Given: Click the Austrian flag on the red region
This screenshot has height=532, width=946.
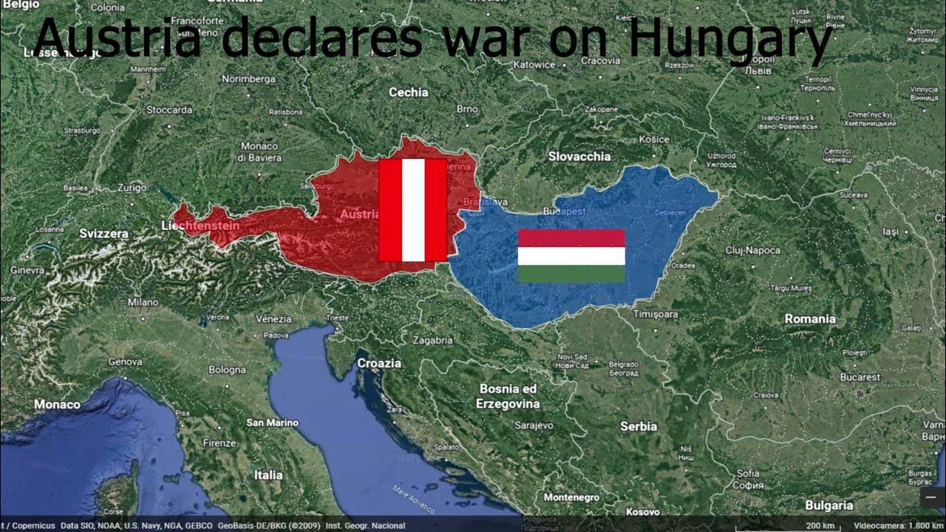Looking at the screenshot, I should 412,210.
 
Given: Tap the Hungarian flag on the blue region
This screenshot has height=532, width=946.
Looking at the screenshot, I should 571,256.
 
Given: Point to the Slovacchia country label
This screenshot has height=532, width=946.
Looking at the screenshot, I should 579,157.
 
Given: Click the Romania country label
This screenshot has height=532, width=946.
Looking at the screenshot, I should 810,319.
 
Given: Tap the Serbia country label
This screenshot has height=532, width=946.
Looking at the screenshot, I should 639,426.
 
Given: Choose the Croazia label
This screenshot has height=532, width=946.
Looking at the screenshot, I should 379,364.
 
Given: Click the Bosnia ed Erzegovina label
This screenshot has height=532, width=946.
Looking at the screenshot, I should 508,396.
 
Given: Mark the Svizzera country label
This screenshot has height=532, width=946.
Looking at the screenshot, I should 104,233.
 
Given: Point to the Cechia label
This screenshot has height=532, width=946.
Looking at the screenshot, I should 409,92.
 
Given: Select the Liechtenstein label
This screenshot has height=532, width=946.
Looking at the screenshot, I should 200,225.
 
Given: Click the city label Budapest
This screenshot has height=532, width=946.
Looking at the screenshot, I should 564,211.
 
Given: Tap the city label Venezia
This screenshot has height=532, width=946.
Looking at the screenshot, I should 273,318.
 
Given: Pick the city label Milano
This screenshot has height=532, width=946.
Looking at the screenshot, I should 143,302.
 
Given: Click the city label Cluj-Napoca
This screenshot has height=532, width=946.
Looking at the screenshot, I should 752,250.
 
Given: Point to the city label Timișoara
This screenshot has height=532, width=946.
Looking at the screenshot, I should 656,315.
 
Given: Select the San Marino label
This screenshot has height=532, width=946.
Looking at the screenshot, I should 273,423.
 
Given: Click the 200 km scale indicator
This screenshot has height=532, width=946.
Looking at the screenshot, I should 820,525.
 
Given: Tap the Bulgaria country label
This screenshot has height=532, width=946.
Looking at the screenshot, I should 829,506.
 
